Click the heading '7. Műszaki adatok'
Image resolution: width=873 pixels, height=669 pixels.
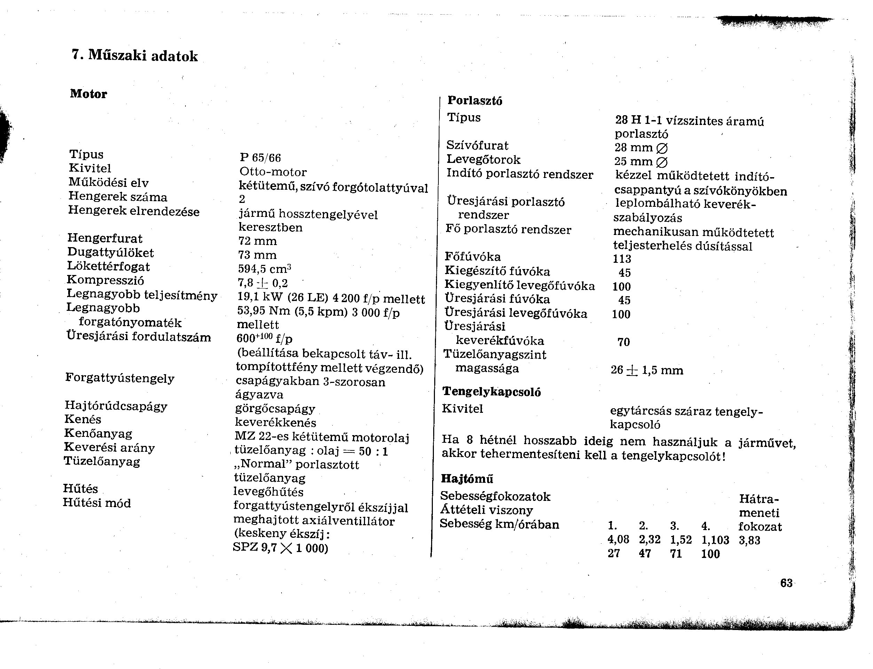tap(135, 55)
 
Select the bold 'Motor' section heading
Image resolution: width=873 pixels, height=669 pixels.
tap(88, 94)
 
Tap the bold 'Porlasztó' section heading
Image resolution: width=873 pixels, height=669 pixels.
tap(475, 100)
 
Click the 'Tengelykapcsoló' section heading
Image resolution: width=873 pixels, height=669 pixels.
tap(491, 392)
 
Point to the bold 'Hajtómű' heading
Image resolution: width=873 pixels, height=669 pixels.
tap(467, 478)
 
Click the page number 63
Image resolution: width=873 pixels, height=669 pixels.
tap(786, 583)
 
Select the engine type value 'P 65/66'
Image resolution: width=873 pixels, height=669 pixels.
tap(260, 158)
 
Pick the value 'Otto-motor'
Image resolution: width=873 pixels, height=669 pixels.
tap(273, 172)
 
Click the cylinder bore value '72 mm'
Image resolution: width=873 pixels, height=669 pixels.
tap(257, 241)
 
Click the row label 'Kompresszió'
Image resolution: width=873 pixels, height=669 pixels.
tap(105, 280)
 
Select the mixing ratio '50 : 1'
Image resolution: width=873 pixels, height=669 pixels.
tap(373, 451)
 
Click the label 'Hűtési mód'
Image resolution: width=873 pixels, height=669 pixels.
tap(97, 503)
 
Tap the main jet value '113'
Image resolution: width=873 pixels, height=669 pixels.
tap(622, 259)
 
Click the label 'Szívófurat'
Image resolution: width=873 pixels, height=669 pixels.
tap(477, 145)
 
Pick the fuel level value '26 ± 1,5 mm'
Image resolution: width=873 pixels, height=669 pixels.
tap(647, 370)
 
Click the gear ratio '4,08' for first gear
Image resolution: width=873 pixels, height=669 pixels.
tap(618, 540)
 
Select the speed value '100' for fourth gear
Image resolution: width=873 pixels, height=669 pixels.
tap(710, 554)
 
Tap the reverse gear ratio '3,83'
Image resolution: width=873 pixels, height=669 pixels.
tap(749, 540)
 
